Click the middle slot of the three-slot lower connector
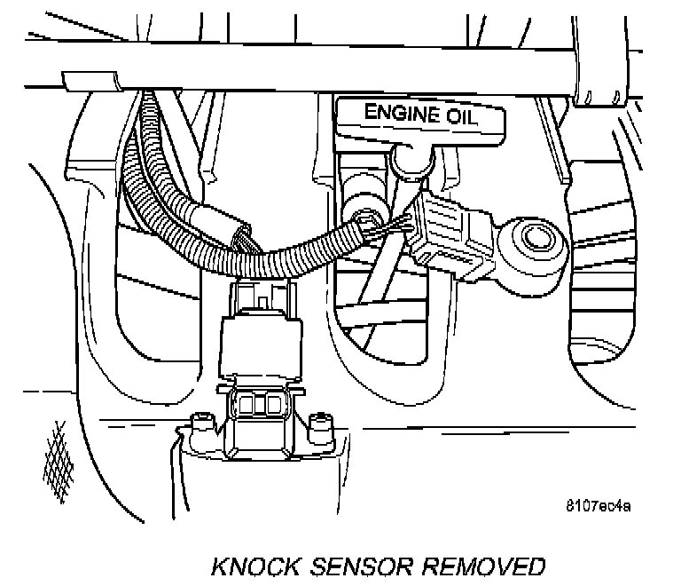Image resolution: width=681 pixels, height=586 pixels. [257, 406]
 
